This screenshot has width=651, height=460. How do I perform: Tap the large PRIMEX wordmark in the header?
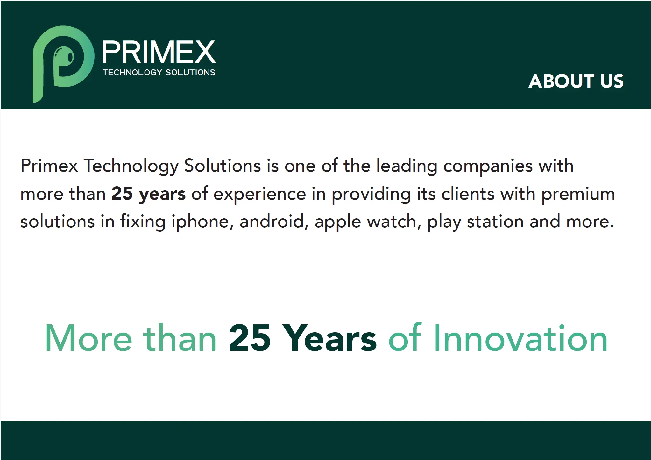point(159,52)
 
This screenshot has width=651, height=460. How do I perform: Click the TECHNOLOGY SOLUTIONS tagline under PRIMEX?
point(159,73)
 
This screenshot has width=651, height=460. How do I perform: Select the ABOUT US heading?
point(576,81)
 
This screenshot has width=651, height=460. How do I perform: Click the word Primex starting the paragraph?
point(49,166)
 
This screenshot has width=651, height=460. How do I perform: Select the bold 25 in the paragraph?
point(122,194)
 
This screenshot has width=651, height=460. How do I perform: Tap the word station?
point(495,222)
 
